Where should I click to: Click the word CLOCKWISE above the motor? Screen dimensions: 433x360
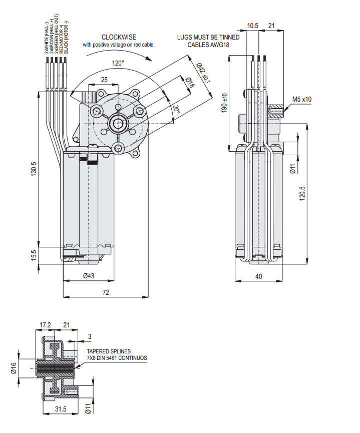coord(119,37)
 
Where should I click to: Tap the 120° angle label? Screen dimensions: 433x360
coord(118,64)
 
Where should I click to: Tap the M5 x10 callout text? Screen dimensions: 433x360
coord(301,99)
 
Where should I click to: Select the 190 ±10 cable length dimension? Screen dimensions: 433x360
coord(225,102)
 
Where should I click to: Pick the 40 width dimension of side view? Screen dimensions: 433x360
coord(258,276)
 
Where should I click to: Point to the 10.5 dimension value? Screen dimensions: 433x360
coord(252,26)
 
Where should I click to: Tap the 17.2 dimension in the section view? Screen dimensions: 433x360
coord(46,325)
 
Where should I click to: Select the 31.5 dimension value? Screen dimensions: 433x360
coord(61,409)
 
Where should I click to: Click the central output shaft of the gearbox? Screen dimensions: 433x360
coord(118,122)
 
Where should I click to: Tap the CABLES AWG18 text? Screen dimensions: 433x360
coord(208,44)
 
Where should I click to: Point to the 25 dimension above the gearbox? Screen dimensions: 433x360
coord(104,80)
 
